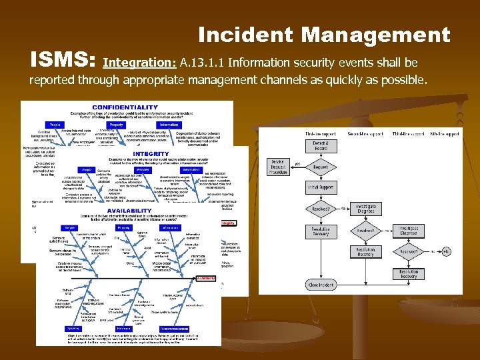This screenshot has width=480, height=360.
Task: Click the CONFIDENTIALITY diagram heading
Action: click(125, 107)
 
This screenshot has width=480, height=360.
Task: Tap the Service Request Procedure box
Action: click(279, 166)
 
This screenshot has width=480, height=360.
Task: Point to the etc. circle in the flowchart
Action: click(446, 251)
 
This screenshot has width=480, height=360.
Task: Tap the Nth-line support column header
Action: click(444, 134)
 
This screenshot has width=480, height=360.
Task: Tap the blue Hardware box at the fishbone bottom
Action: click(124, 329)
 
